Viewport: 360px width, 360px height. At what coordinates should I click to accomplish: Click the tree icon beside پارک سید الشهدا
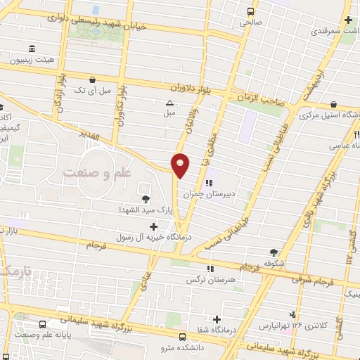coord(146,199)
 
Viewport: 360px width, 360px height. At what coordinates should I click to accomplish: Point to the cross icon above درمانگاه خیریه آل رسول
coord(154,226)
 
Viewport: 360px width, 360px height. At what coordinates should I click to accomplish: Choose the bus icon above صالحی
coord(250,11)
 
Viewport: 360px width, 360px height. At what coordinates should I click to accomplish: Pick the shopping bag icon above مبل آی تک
coord(93,81)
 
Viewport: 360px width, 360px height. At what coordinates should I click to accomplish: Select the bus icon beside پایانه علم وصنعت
coord(44,324)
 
